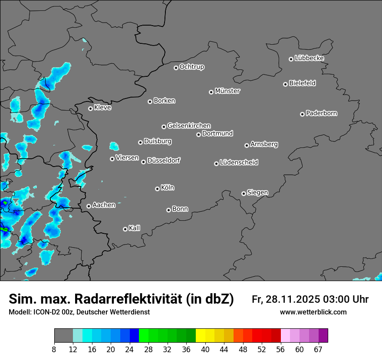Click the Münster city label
(x=227, y=91)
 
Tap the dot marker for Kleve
(x=90, y=108)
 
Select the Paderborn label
(x=321, y=113)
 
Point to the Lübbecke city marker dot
(x=291, y=59)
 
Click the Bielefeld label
(x=302, y=83)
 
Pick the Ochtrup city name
(x=191, y=67)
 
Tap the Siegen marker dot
(x=244, y=193)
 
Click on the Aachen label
(x=104, y=205)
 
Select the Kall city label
(x=134, y=228)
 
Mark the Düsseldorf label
(x=163, y=160)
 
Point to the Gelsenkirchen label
(x=189, y=126)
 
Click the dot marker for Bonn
(x=168, y=210)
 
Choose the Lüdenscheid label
(x=239, y=163)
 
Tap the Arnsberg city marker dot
(x=247, y=145)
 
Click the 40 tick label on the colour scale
(x=205, y=350)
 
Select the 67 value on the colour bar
(x=318, y=350)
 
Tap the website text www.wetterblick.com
(x=313, y=312)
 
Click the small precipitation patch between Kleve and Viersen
(x=114, y=146)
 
